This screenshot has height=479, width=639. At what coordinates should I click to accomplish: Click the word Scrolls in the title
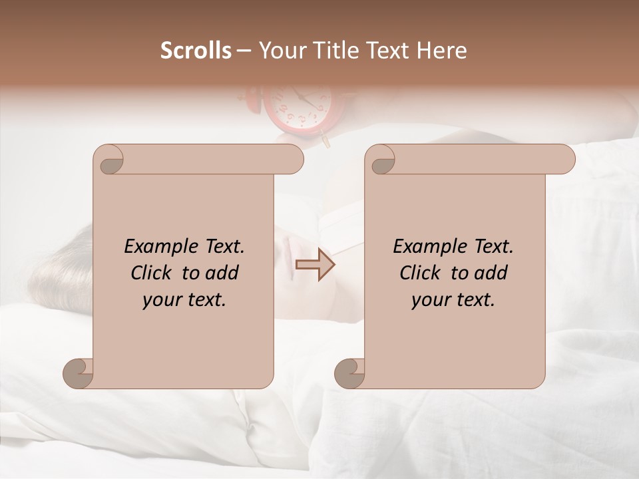click(196, 51)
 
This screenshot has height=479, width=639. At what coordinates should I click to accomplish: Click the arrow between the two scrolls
click(315, 265)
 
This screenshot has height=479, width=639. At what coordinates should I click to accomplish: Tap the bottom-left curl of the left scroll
click(79, 373)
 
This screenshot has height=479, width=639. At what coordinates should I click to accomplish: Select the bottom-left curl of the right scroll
click(349, 373)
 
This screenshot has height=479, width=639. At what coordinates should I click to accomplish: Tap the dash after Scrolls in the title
click(244, 51)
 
